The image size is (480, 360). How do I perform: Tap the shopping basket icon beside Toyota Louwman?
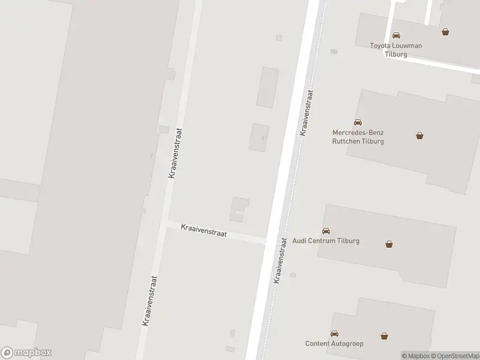[x=445, y=32]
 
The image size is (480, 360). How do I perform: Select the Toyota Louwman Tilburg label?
[x=396, y=50]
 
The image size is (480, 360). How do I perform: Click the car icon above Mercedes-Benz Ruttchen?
[x=358, y=123]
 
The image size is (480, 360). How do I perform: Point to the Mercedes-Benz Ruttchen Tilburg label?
[x=358, y=137]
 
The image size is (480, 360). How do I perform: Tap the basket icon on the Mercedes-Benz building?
[x=419, y=136]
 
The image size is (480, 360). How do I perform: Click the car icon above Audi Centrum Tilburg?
[x=326, y=231]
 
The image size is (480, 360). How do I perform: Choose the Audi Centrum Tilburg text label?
[x=326, y=241]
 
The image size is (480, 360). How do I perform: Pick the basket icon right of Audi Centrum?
[x=389, y=244]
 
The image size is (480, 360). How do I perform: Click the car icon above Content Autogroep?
[x=334, y=334]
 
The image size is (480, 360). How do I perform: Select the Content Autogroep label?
[x=334, y=344]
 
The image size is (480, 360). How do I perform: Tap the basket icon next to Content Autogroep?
[x=384, y=336]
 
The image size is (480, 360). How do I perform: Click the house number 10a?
[x=333, y=52]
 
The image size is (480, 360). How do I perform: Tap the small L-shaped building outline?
[x=239, y=208]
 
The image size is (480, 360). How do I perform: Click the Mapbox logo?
[x=26, y=353]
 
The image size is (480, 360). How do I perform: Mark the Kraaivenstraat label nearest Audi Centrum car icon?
[x=280, y=260]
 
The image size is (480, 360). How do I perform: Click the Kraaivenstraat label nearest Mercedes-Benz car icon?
[x=307, y=113]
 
